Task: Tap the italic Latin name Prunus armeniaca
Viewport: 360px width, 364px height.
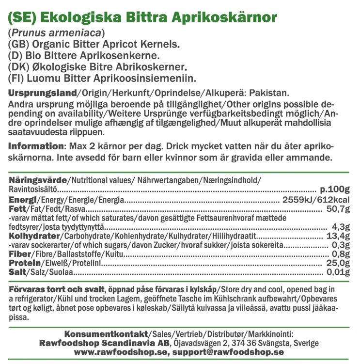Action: [56, 34]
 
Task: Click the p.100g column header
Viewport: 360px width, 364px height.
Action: [335, 189]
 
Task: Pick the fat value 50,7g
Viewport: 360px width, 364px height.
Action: [338, 209]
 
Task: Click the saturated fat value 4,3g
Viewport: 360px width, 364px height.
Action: [341, 227]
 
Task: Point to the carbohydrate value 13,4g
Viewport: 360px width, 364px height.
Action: [338, 236]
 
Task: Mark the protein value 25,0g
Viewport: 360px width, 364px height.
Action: [338, 263]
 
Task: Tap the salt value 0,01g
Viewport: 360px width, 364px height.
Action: [338, 272]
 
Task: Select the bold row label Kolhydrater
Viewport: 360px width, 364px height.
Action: [33, 236]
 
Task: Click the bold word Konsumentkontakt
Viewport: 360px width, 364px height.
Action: [107, 334]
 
